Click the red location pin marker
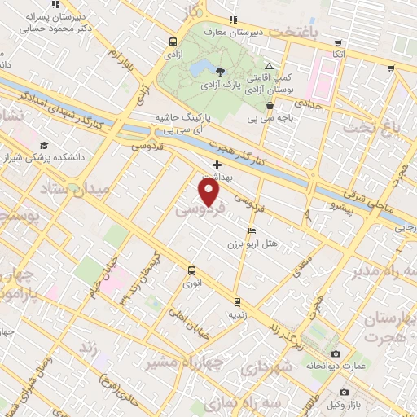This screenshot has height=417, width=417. pyautogui.click(x=209, y=192)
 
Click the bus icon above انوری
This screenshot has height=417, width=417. pyautogui.click(x=191, y=270)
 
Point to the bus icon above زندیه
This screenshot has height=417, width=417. pyautogui.click(x=237, y=301)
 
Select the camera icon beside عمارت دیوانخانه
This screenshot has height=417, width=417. pyautogui.click(x=336, y=353)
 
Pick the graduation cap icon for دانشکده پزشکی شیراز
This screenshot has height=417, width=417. pyautogui.click(x=43, y=145)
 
